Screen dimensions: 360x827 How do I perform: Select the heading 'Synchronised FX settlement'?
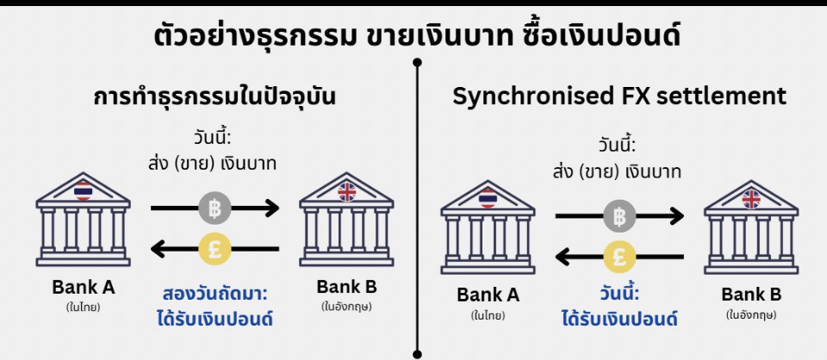(619, 96)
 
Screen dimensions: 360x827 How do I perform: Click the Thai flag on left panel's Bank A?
(84, 190)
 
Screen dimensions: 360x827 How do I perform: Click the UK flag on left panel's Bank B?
(346, 190)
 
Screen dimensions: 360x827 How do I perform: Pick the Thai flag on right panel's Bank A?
(488, 198)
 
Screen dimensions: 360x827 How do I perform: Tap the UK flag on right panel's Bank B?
(751, 198)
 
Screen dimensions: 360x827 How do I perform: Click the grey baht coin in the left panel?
(214, 208)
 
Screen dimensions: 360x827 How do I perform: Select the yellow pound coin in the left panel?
(214, 249)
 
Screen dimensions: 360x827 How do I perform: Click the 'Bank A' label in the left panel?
(84, 287)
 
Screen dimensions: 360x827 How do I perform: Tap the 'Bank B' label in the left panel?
(346, 287)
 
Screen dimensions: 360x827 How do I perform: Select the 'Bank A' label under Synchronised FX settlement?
(488, 295)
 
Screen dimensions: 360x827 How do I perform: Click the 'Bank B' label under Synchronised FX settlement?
(751, 295)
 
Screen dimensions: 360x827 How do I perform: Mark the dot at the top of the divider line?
(418, 62)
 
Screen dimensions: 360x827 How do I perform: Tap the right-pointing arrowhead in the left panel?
(272, 208)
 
